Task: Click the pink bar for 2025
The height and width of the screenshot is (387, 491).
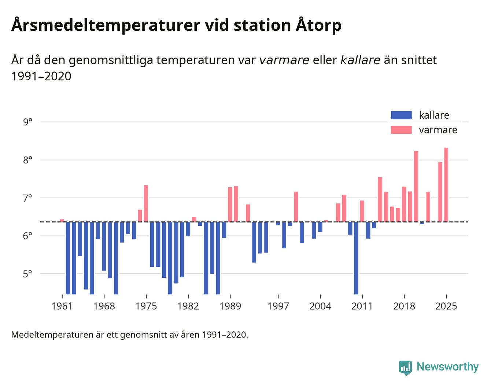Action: [446, 185]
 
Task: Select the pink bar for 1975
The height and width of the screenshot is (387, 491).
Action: [146, 203]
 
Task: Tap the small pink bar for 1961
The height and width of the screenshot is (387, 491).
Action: [62, 221]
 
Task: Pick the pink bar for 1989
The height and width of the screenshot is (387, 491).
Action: [230, 204]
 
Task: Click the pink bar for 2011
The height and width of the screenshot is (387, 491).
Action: [362, 211]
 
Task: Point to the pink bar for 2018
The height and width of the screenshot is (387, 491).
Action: [404, 204]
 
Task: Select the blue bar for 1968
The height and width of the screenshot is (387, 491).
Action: [104, 246]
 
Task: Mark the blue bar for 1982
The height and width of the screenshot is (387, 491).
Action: [188, 229]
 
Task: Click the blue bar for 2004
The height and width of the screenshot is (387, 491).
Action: [320, 227]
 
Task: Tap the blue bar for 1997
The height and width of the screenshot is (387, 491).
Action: [278, 224]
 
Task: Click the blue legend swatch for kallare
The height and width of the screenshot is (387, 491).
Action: [401, 115]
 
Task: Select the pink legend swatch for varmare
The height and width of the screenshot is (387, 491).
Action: [401, 130]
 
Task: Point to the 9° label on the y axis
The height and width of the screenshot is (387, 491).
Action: [27, 122]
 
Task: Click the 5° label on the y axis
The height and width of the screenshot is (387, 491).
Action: [27, 274]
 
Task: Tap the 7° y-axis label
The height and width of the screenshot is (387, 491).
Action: [27, 198]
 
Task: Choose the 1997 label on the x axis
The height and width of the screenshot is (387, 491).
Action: [278, 306]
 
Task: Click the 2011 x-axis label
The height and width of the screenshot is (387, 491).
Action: [362, 306]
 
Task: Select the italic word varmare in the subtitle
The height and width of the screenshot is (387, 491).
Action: [284, 60]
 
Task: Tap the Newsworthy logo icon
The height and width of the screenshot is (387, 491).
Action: [406, 368]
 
